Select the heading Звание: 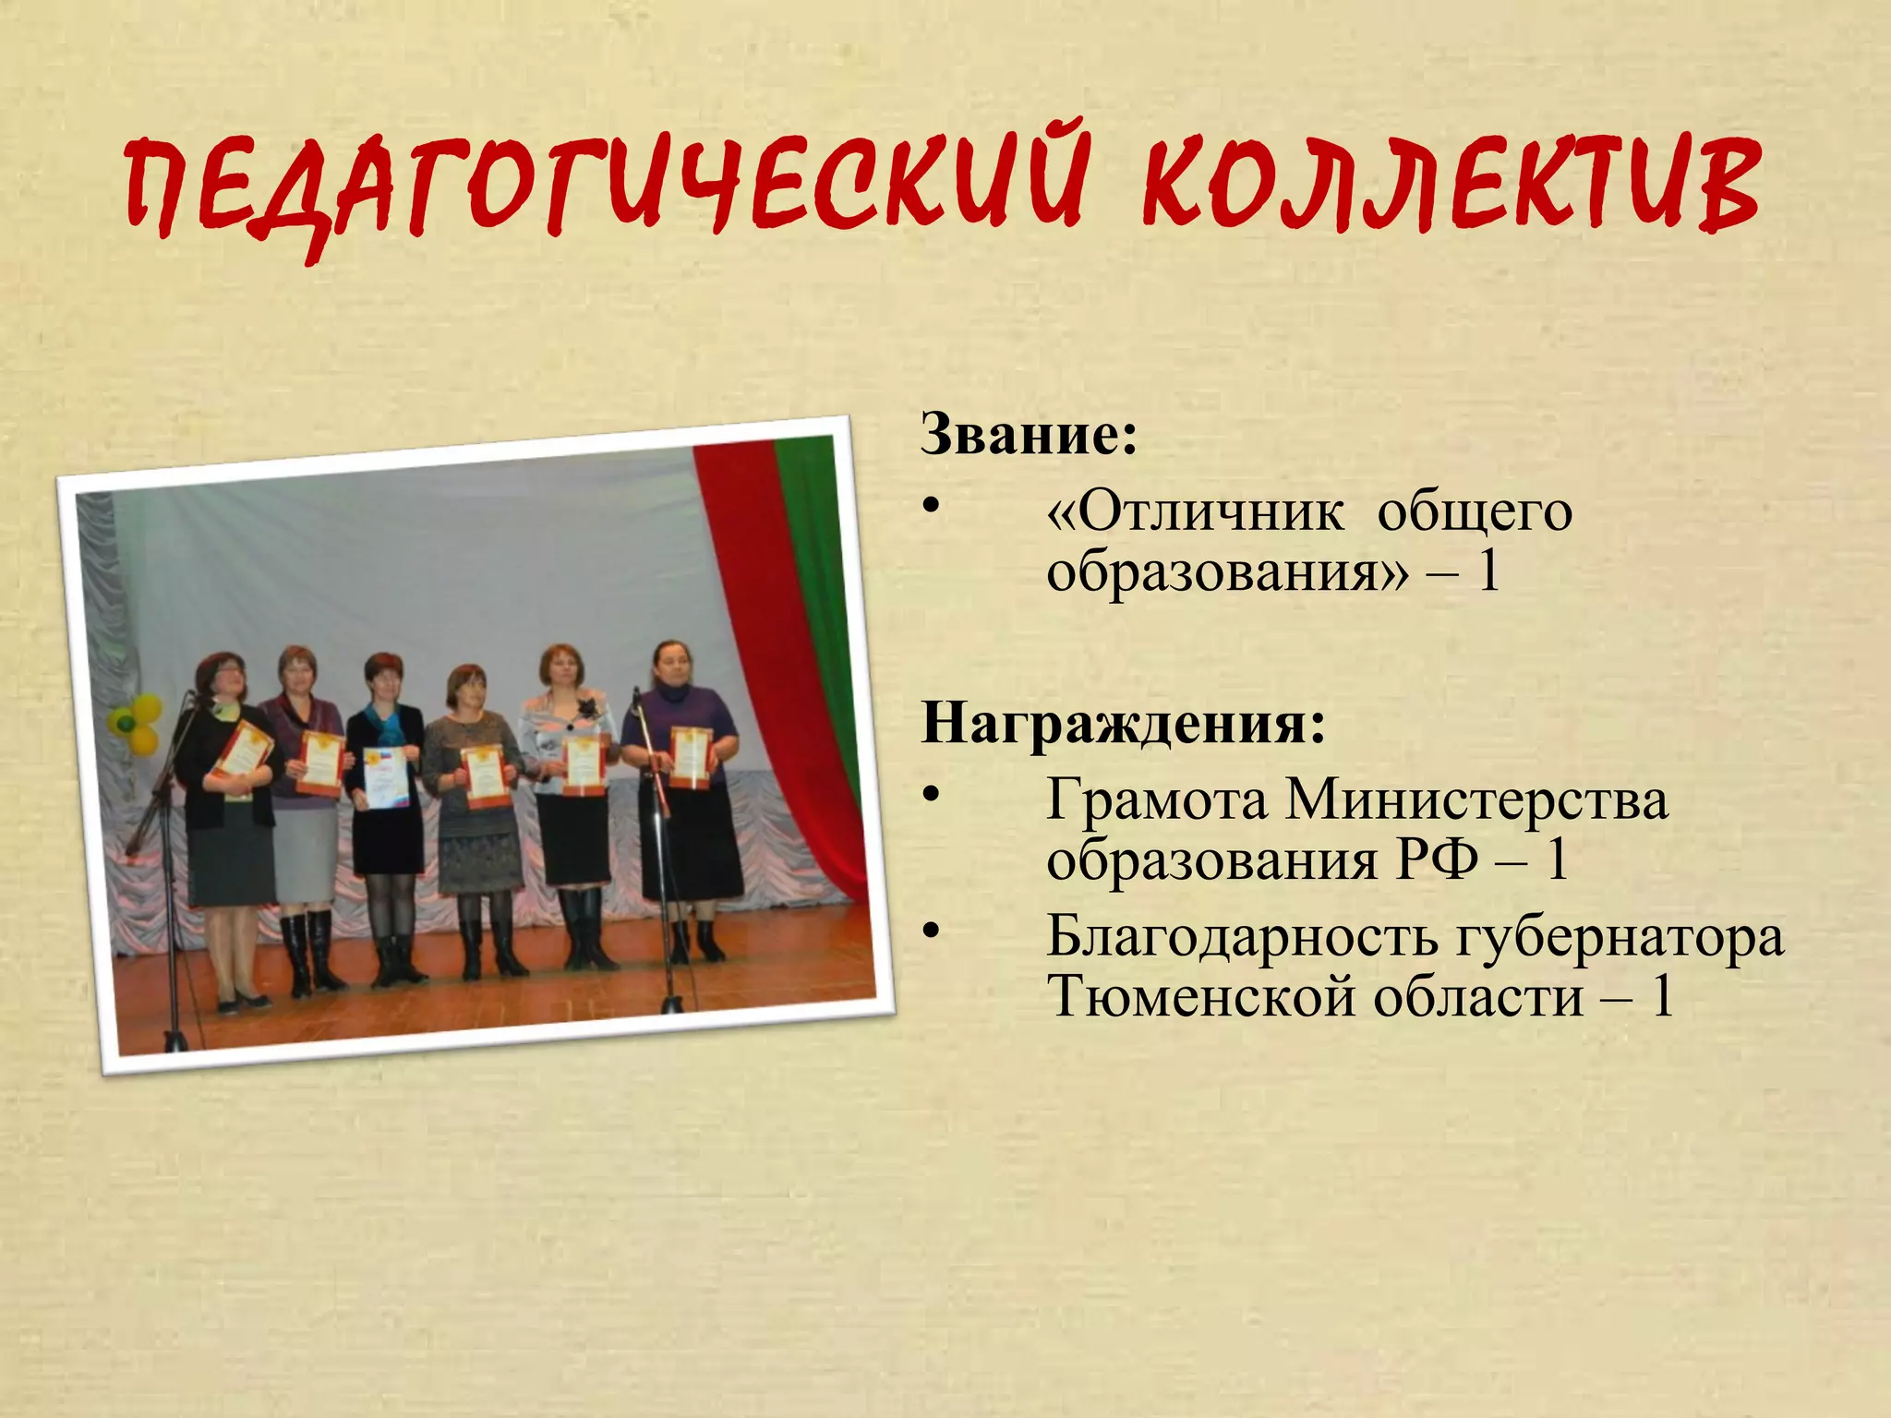1029,434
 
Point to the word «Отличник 1195,511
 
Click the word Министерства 1477,800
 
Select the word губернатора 1620,937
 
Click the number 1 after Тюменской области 1662,997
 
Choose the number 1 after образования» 1488,572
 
